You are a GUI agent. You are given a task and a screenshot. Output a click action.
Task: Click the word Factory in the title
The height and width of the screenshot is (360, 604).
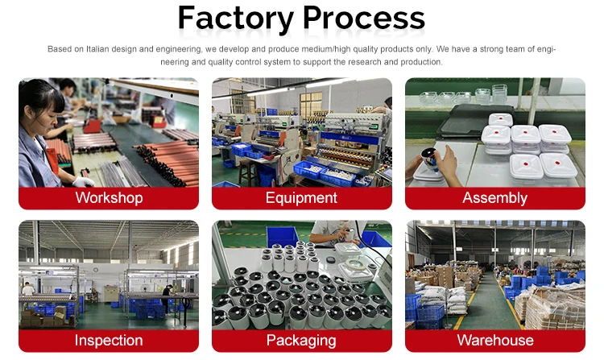click(234, 17)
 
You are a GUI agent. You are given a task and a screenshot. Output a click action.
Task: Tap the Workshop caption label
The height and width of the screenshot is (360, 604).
click(109, 197)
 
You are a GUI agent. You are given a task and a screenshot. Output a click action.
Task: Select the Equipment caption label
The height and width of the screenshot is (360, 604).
click(301, 197)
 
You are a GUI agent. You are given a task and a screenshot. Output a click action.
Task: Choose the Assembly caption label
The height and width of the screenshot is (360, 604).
click(494, 197)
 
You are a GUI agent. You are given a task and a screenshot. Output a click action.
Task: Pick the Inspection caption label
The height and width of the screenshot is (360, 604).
click(109, 340)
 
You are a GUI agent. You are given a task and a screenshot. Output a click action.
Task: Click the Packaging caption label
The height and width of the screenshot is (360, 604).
click(301, 340)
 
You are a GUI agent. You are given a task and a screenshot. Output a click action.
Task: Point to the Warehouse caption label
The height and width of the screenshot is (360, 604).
click(494, 340)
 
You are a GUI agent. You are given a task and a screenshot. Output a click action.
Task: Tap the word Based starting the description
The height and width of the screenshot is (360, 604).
click(60, 49)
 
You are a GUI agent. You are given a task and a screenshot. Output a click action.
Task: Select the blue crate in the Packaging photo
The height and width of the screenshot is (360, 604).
click(281, 236)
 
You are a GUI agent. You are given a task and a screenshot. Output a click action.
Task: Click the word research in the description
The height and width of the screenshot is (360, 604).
click(364, 62)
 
